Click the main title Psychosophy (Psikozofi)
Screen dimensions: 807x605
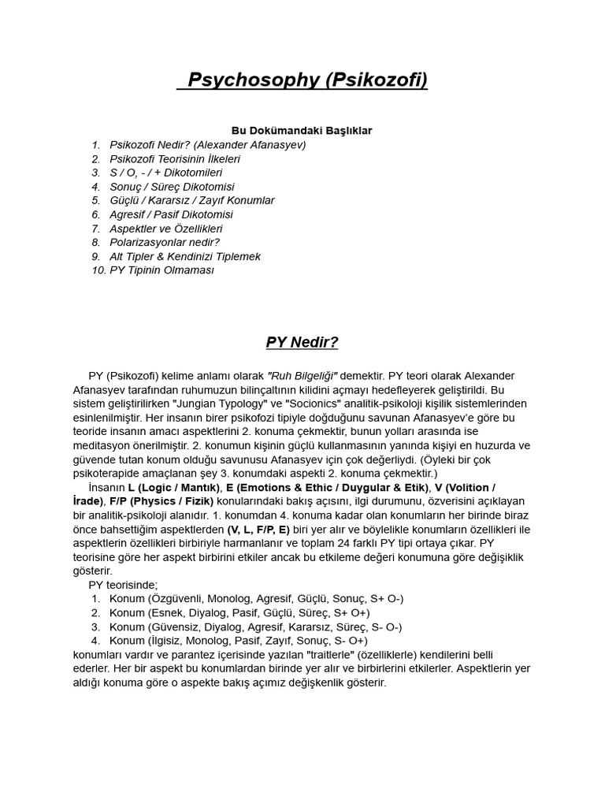(302, 80)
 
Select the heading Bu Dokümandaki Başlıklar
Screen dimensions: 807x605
(302, 130)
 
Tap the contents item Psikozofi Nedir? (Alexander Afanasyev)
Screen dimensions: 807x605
(208, 145)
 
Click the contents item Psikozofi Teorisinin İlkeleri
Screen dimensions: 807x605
(175, 158)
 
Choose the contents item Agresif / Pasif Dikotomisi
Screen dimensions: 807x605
(171, 214)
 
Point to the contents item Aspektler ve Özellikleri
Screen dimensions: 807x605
(166, 229)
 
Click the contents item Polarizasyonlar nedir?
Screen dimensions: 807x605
(165, 242)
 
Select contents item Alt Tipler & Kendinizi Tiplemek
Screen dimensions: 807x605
(185, 256)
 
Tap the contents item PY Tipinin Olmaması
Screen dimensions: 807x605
(161, 270)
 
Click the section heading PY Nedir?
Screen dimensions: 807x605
(302, 342)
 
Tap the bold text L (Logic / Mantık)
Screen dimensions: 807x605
(170, 488)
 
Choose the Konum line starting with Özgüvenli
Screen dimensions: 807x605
(257, 599)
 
